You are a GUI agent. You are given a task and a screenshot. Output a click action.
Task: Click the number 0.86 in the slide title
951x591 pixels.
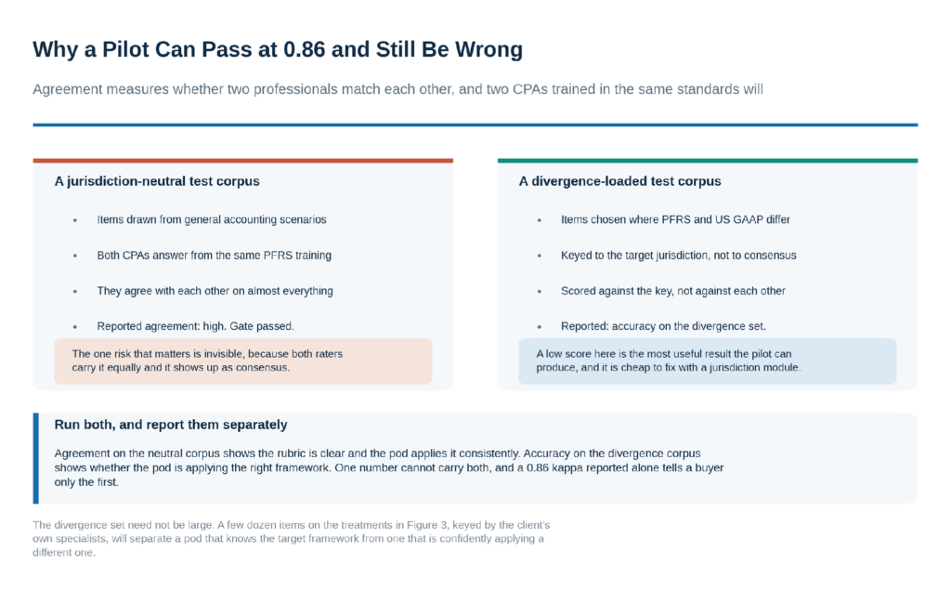[305, 49]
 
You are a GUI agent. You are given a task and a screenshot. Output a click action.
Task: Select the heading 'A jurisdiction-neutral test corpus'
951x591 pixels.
[157, 181]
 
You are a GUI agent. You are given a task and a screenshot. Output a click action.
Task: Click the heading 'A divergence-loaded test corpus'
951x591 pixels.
[619, 181]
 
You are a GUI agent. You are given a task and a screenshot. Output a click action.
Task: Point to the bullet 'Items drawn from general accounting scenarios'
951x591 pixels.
[212, 219]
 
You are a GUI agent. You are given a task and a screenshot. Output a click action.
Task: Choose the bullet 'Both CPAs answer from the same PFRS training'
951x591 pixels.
[215, 256]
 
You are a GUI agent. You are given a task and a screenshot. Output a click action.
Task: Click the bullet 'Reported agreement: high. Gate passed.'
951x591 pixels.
[195, 326]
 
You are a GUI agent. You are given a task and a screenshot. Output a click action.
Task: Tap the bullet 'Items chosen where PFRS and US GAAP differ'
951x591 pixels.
[675, 219]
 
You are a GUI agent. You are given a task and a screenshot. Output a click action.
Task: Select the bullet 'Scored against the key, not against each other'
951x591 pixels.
[672, 291]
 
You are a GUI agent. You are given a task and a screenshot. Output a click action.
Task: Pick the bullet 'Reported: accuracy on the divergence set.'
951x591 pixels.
[663, 326]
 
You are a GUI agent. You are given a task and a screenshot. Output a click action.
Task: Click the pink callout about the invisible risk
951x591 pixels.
[243, 361]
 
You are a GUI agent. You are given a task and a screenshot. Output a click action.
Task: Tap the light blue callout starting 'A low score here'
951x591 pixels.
[707, 361]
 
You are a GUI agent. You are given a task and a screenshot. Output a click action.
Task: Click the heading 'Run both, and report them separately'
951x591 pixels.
[171, 425]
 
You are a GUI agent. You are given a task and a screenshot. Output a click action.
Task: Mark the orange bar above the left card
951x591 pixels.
[243, 161]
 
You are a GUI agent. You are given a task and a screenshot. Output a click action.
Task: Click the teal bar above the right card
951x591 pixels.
[707, 161]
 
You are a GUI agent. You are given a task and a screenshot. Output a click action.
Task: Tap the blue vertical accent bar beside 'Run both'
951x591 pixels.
[36, 458]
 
